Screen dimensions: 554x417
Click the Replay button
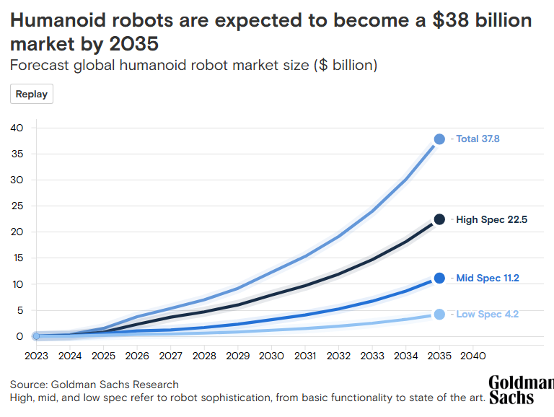[x=32, y=94]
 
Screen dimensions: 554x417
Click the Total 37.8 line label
[x=478, y=139]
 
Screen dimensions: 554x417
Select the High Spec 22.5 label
[x=491, y=219]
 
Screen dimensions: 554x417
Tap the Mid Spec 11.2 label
[x=488, y=278]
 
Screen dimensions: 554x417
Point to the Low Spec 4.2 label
[x=487, y=314]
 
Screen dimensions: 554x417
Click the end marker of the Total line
[x=439, y=139]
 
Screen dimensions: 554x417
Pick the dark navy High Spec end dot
[x=439, y=219]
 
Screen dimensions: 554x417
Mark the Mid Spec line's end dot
[x=439, y=278]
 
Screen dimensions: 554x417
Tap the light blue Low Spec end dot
[x=439, y=314]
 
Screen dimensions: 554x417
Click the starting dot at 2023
[x=36, y=336]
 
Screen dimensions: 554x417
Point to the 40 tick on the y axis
[x=17, y=128]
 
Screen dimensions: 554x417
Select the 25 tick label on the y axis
[x=17, y=206]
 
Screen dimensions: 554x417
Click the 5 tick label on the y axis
[x=20, y=310]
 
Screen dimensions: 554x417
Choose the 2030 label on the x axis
[x=271, y=356]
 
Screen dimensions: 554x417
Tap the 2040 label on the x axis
[x=472, y=356]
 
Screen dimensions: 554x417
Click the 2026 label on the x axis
[x=137, y=356]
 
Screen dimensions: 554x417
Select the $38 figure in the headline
[x=451, y=20]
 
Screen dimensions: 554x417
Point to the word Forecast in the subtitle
[x=39, y=66]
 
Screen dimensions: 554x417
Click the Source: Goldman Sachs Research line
[x=94, y=385]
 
